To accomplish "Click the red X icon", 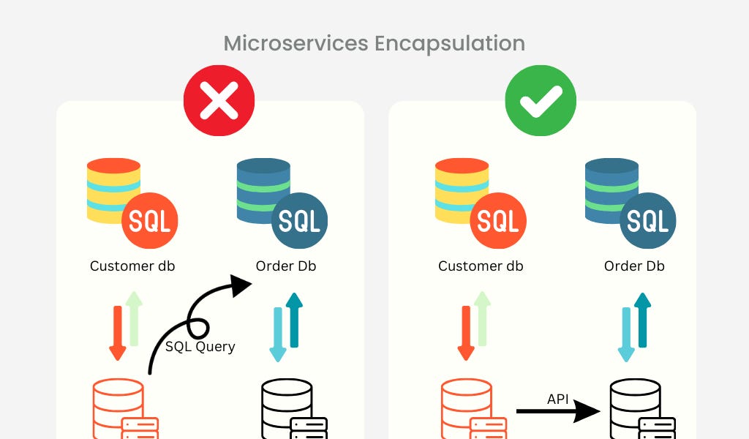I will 219,100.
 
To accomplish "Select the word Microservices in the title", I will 296,43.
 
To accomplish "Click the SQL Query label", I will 200,346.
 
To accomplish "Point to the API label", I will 559,399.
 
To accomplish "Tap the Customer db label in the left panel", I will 132,266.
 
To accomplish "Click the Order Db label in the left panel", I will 286,266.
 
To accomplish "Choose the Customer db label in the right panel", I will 481,266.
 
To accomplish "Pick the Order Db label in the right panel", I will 634,266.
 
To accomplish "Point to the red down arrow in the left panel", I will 117,333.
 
